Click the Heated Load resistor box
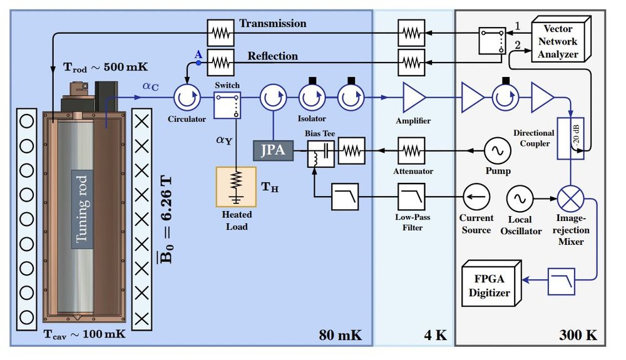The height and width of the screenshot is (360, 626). [236, 186]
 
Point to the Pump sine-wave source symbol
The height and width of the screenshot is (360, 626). [498, 150]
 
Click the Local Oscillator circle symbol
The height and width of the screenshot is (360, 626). [520, 198]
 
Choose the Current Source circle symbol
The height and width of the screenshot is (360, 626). [476, 197]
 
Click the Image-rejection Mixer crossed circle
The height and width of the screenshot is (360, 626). [570, 198]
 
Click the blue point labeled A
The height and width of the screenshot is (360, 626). [198, 63]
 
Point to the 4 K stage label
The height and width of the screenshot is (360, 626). [435, 334]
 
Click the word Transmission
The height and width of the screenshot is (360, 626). [273, 24]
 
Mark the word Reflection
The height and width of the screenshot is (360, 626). [272, 56]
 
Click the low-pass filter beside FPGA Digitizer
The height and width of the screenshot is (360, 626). [561, 281]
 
